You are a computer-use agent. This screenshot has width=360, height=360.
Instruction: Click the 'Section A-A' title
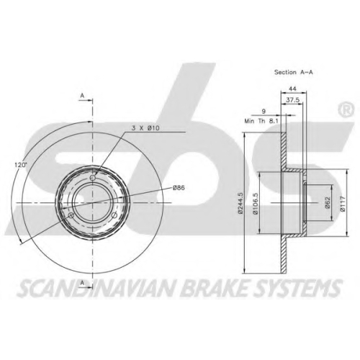pyautogui.click(x=294, y=72)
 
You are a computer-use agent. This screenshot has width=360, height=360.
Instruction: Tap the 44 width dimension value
pyautogui.click(x=292, y=89)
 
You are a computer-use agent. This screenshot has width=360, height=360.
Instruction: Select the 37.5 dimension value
pyautogui.click(x=292, y=100)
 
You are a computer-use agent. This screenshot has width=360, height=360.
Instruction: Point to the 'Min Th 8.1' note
pyautogui.click(x=261, y=121)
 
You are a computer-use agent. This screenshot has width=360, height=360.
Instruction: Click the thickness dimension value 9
pyautogui.click(x=264, y=111)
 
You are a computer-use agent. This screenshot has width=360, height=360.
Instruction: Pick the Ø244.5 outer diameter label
pyautogui.click(x=240, y=203)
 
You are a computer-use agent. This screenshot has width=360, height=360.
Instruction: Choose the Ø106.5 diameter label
pyautogui.click(x=256, y=203)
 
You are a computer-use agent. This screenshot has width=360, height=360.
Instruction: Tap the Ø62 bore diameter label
pyautogui.click(x=328, y=203)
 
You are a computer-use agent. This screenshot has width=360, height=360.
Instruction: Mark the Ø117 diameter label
pyautogui.click(x=343, y=204)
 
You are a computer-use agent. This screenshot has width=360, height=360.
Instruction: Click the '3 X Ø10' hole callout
pyautogui.click(x=145, y=128)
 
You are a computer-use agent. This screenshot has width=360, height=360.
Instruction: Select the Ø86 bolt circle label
pyautogui.click(x=179, y=188)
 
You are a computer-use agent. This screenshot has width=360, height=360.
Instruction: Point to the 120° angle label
pyautogui.click(x=20, y=165)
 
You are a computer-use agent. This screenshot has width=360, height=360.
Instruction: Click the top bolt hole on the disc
pyautogui.click(x=93, y=178)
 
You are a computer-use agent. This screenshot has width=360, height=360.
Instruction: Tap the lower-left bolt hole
pyautogui.click(x=71, y=215)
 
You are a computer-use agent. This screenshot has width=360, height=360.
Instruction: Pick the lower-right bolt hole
pyautogui.click(x=114, y=215)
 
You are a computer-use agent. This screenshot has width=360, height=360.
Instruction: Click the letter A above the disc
pyautogui.click(x=82, y=96)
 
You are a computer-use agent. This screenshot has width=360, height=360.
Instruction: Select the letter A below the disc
pyautogui.click(x=82, y=283)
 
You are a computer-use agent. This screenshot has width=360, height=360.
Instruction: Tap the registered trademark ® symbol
pyautogui.click(x=346, y=109)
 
